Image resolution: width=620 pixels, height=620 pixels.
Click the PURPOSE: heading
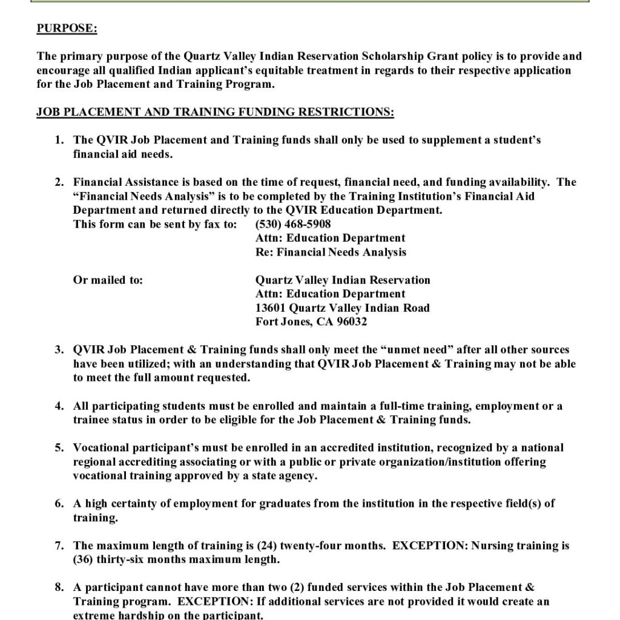[x=67, y=28]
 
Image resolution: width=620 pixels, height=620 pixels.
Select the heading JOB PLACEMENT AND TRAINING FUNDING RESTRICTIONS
[x=215, y=113]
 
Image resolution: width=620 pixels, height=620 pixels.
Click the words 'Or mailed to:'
[x=108, y=280]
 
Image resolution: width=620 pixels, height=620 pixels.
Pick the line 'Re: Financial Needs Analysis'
[x=331, y=252]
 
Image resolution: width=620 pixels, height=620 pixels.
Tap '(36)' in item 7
[x=84, y=559]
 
